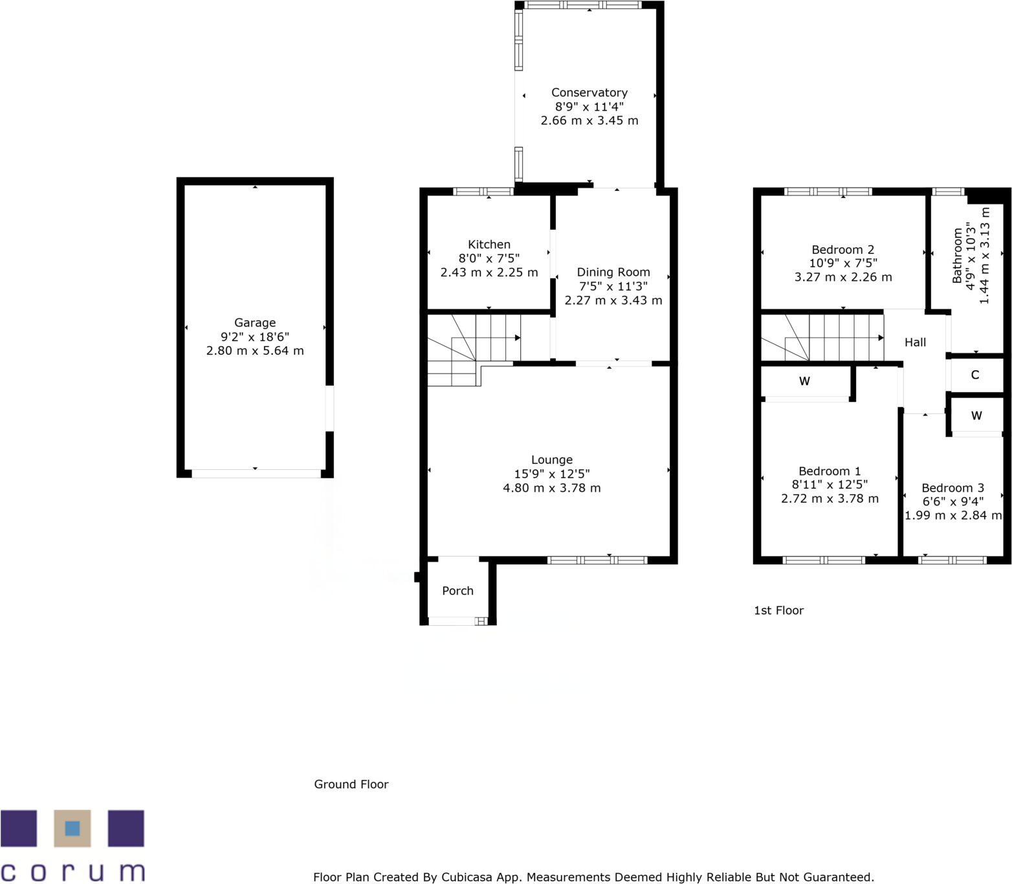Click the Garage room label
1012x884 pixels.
254,322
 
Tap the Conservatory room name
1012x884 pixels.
589,93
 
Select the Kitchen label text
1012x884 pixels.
489,244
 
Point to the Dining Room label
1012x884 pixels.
613,272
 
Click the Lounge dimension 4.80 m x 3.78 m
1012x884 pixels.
551,488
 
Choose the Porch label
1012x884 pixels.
457,591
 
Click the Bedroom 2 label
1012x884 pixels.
842,249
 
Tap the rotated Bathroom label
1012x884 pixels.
957,256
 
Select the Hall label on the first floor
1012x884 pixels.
915,342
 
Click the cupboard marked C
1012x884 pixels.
974,375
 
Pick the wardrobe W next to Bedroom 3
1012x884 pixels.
976,416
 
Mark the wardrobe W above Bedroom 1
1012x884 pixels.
804,382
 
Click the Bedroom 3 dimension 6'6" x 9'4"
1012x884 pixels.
952,502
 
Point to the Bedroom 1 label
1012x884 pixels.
829,471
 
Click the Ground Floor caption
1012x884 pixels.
351,784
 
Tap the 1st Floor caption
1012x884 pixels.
778,610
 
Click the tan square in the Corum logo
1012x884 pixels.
72,828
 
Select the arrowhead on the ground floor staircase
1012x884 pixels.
518,338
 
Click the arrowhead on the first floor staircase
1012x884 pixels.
881,338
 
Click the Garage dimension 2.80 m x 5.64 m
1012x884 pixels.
254,351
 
